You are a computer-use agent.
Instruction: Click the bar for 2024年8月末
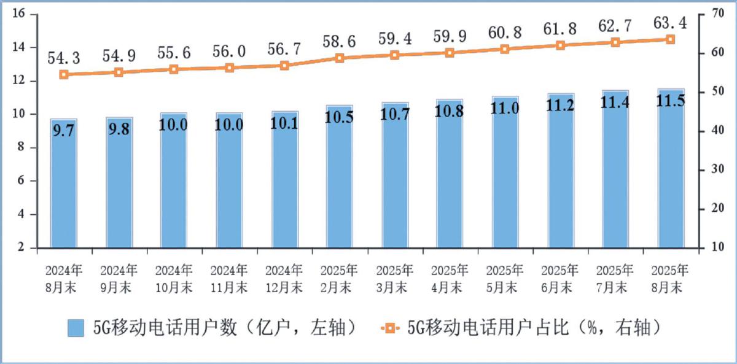[x=64, y=184]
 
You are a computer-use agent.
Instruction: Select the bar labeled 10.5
[x=340, y=178]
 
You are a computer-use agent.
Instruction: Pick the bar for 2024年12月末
[x=284, y=181]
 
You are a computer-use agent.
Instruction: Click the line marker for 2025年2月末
[x=340, y=58]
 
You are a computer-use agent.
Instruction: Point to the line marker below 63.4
[x=670, y=39]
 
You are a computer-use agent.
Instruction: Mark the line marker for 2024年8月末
[x=64, y=74]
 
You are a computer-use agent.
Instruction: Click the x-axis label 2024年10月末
[x=174, y=278]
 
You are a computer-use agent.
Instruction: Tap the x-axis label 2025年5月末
[x=505, y=278]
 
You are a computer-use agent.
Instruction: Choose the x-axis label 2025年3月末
[x=395, y=278]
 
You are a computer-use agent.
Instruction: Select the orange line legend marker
[x=389, y=329]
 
